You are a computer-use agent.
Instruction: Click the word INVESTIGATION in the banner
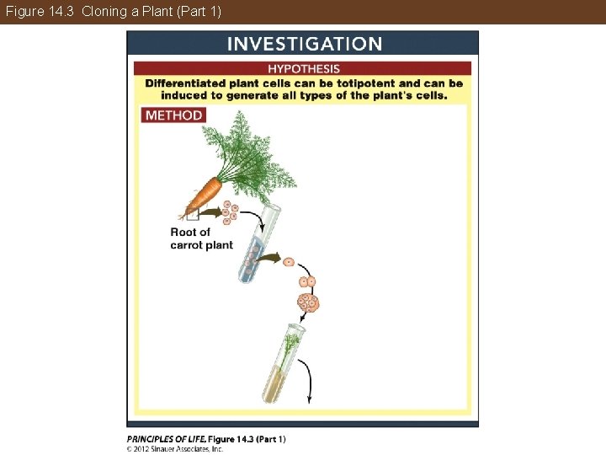(305, 44)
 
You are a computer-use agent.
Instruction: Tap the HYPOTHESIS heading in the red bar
(304, 69)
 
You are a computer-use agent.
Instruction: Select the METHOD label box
(173, 115)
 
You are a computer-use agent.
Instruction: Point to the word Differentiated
(185, 83)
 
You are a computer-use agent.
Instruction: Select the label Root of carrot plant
(201, 238)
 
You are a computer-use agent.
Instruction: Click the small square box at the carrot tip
(193, 214)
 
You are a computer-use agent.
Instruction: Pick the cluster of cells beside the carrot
(231, 212)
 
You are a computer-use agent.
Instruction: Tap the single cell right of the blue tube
(289, 262)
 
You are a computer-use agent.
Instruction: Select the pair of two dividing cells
(307, 281)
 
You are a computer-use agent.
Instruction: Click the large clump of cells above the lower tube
(308, 302)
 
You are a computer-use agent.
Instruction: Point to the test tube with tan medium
(284, 363)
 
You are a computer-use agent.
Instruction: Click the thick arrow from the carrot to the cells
(210, 212)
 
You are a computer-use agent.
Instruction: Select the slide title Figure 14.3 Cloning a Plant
(114, 12)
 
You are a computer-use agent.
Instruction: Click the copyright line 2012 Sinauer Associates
(175, 449)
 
